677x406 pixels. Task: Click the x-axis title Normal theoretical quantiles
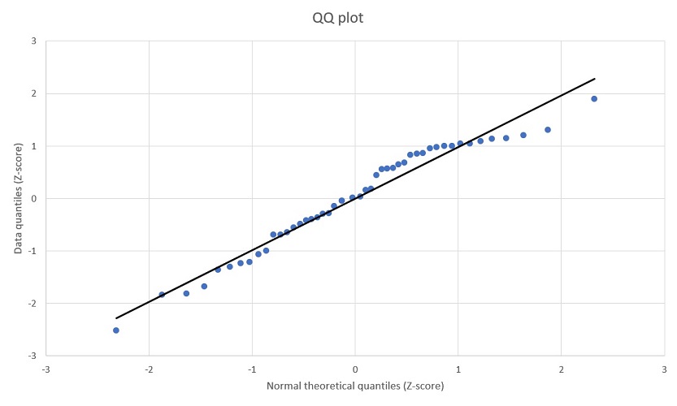[x=354, y=384]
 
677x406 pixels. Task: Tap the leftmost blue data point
[x=116, y=330]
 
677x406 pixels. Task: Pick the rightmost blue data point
[x=594, y=99]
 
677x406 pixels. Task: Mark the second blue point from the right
[x=548, y=130]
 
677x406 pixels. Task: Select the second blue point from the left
[x=162, y=295]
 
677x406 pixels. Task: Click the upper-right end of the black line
[x=595, y=79]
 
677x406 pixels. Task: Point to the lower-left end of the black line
[x=115, y=318]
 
